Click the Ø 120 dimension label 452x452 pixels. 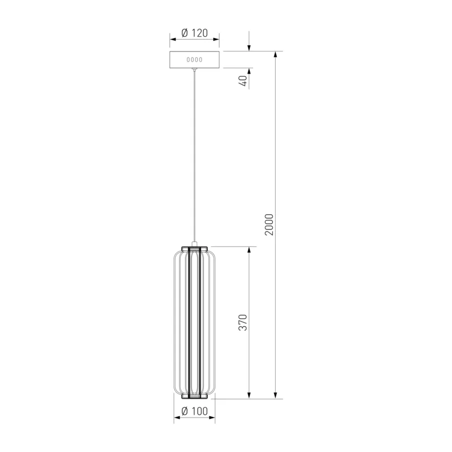(x=194, y=33)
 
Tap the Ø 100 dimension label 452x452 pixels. (x=194, y=411)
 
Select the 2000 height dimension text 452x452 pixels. (x=269, y=225)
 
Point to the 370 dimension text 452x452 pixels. (x=243, y=323)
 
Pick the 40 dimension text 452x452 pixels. (x=244, y=81)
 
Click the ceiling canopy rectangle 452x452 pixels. (x=194, y=60)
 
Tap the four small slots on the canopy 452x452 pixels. (x=194, y=60)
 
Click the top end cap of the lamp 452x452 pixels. (x=194, y=248)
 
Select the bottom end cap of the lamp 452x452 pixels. (x=194, y=397)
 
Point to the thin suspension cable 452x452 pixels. (x=194, y=156)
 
